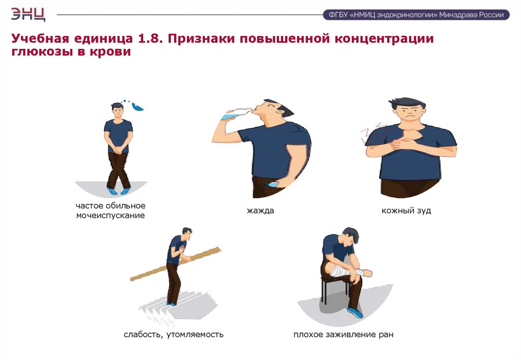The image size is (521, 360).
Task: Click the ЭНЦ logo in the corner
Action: coord(28,14)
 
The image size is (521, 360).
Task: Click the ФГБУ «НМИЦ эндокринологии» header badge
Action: coord(416,15)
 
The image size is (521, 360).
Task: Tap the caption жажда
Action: coord(260,211)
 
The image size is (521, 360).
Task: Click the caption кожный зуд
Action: coord(406,211)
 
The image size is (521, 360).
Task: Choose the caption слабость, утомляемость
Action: coord(173,335)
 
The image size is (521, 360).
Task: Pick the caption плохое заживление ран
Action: coord(343,335)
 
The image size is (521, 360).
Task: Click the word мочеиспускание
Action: coord(110,215)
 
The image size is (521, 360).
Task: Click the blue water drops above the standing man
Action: coord(134,105)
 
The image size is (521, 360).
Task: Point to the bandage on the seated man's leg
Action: coord(343,269)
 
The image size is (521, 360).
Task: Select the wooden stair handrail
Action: coord(176,264)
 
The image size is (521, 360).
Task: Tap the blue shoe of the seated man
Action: coord(355,312)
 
